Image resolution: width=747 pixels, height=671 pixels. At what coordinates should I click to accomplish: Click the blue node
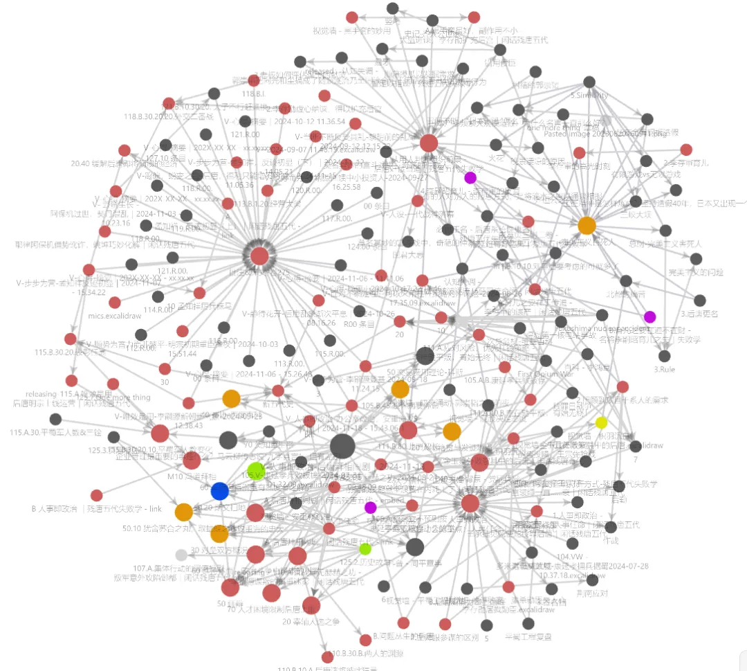point(219,491)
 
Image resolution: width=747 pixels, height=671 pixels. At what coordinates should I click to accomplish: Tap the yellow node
point(602,422)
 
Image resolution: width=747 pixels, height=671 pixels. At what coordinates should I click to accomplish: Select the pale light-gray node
point(181,554)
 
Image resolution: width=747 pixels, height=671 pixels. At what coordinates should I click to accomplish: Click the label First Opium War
point(546,374)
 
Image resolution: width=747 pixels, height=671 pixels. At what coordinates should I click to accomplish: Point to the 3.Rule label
point(665,369)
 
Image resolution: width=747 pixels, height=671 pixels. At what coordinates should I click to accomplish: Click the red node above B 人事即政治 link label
point(97,495)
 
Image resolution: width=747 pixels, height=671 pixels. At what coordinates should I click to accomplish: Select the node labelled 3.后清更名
point(699,301)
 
